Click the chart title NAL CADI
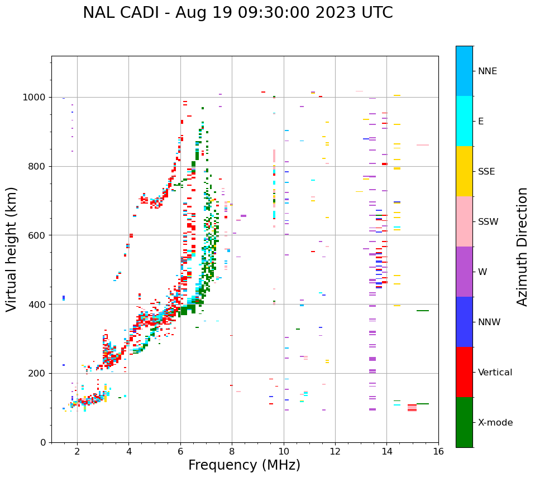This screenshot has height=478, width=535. tap(237, 13)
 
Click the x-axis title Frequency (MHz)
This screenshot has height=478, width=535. tap(244, 465)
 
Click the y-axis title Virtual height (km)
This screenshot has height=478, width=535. tap(12, 249)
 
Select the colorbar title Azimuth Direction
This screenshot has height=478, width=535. tap(522, 247)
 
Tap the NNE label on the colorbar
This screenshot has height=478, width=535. tap(487, 71)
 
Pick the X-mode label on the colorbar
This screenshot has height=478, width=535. tap(495, 423)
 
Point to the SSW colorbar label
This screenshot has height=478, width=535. tap(488, 222)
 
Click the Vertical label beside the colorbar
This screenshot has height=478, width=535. tap(495, 373)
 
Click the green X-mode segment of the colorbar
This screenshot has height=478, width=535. tap(464, 422)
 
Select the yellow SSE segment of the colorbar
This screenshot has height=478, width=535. tap(464, 171)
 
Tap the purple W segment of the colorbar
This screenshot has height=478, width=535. tap(464, 272)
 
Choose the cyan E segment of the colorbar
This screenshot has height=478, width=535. tap(464, 121)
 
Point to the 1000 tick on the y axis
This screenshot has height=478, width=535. tap(37, 98)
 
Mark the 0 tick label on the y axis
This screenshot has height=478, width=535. tap(45, 442)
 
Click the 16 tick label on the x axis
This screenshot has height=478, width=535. tap(438, 451)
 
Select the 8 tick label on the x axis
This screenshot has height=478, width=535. tap(232, 451)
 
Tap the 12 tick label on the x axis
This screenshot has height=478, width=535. tap(335, 451)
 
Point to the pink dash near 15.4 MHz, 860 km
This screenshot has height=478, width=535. tap(423, 145)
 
